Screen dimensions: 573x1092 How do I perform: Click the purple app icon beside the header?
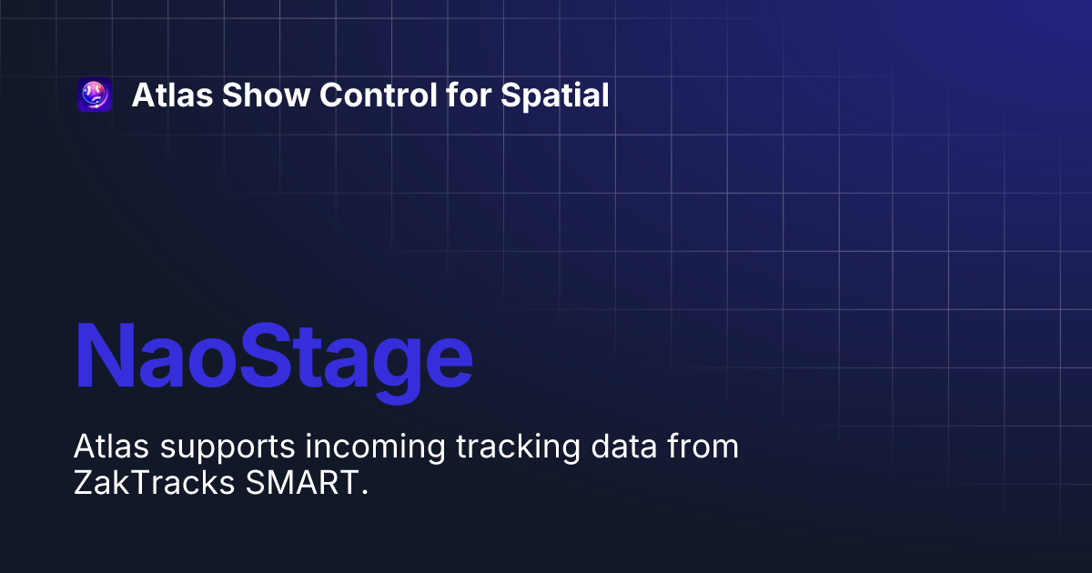[95, 95]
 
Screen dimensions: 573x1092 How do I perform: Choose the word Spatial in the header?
[555, 95]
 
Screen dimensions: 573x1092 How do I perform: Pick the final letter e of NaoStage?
[448, 363]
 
